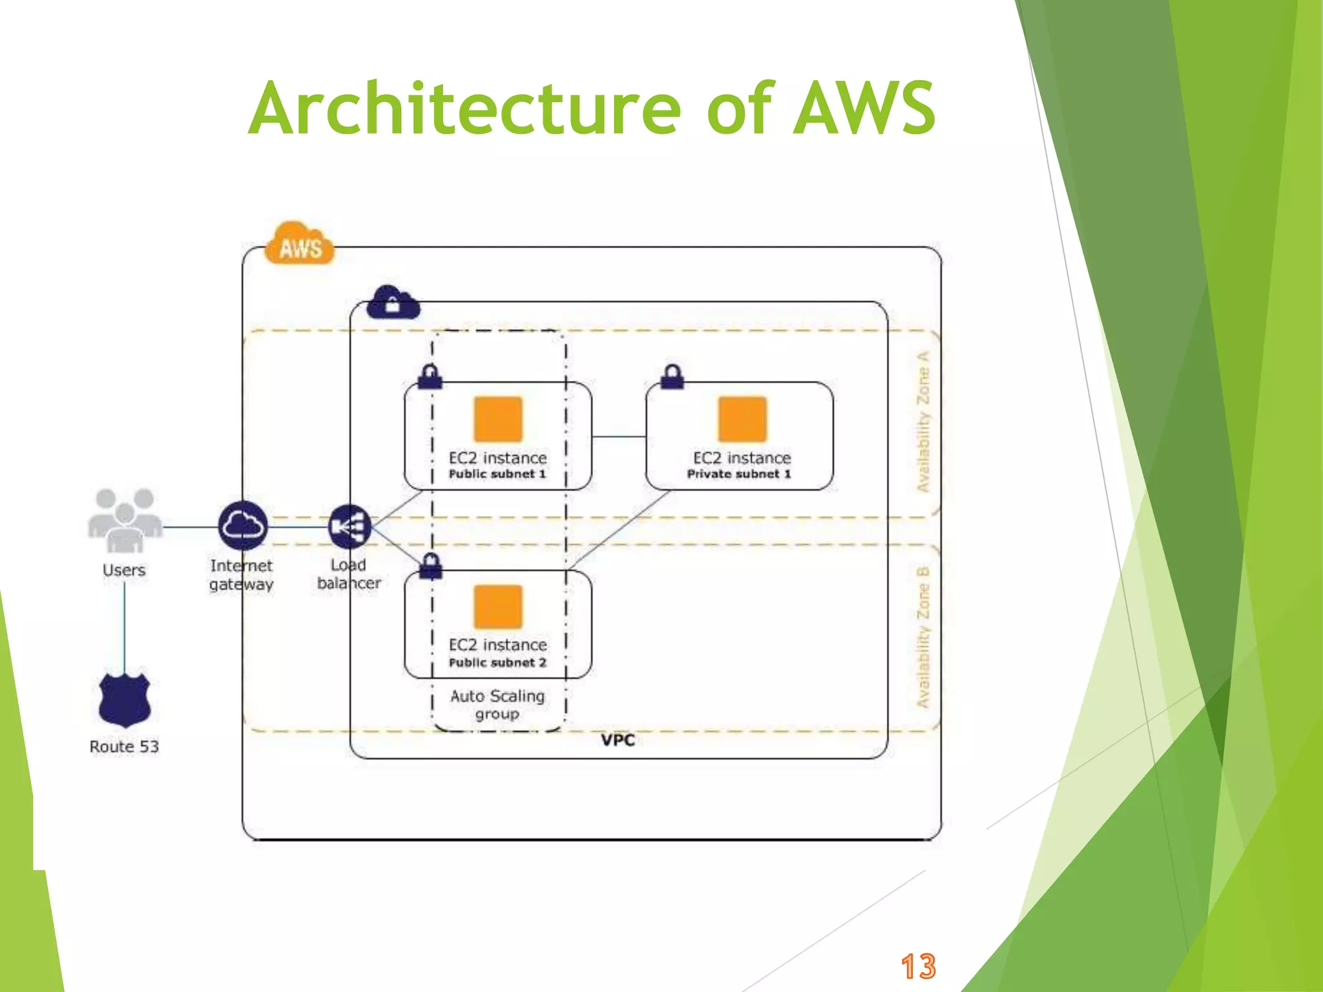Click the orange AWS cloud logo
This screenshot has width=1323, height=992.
coord(300,243)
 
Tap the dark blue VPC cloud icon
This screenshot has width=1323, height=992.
coord(392,303)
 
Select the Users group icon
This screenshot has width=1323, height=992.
coord(125,521)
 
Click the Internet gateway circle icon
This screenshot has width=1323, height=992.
coord(243,526)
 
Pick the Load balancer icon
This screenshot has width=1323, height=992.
coord(349,526)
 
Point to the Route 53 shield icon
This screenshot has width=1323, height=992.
coord(125,699)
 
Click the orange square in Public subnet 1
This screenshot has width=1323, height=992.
coord(497,419)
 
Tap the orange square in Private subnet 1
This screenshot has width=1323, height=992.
coord(742,419)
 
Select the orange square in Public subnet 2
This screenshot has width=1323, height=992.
coord(497,606)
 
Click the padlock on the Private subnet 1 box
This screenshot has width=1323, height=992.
coord(672,377)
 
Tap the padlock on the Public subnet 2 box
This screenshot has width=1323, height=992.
coord(431,566)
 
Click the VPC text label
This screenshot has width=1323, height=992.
coord(618,740)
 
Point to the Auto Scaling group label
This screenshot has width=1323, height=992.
coord(497,705)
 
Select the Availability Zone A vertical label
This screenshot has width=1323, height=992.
coord(924,421)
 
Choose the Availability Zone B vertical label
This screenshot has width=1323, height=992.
coord(924,637)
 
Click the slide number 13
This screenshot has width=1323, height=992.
coord(918,967)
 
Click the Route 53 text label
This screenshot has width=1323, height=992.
coord(124,747)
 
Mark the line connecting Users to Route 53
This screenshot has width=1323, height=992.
coord(125,626)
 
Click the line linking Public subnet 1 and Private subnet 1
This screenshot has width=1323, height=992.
coord(618,437)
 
